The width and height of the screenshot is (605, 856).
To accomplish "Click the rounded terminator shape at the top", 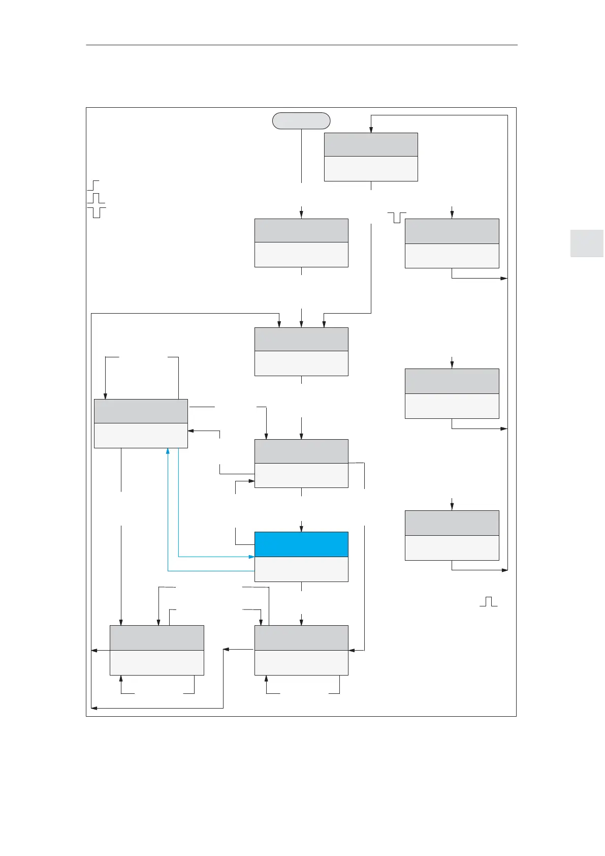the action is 301,121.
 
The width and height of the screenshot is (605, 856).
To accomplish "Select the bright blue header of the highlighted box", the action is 301,544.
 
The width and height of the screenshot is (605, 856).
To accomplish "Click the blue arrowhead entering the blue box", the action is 251,557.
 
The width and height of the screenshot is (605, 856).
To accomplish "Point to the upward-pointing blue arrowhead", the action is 168,451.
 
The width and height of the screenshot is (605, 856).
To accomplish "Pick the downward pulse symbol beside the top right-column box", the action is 397,218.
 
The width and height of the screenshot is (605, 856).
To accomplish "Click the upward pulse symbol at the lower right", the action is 488,602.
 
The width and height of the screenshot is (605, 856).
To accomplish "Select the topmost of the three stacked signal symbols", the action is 93,185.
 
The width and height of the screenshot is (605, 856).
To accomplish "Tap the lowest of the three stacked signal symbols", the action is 97,212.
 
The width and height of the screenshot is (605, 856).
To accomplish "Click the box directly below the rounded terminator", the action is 301,243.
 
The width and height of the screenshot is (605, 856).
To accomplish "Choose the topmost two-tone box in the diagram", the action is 371,157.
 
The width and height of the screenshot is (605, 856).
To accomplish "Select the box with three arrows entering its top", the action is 301,352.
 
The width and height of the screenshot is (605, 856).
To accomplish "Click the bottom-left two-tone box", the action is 156,650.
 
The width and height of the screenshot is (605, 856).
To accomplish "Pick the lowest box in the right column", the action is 452,535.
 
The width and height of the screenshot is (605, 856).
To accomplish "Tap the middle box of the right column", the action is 452,393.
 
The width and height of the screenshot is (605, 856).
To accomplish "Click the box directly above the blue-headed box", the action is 301,463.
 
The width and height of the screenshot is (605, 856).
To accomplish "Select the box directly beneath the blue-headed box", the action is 301,650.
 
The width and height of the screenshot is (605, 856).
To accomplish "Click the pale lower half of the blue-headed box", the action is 301,569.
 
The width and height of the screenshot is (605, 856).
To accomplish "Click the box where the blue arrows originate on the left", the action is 141,423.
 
